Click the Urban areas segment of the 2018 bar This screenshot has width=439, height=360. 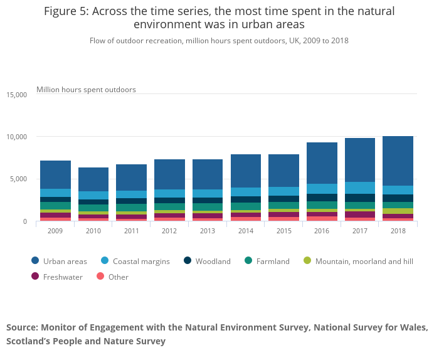click(398, 161)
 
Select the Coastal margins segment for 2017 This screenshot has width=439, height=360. click(360, 188)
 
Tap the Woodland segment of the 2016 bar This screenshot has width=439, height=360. click(322, 198)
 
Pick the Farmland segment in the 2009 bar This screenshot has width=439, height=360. click(55, 206)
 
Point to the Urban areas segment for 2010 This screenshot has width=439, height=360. click(93, 179)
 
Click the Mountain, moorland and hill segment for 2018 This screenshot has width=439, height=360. click(398, 211)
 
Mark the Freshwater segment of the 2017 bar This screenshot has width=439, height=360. click(360, 214)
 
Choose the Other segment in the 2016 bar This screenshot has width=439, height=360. click(322, 219)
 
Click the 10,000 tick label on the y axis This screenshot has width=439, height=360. click(17, 137)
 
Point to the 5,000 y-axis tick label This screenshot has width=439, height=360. click(18, 179)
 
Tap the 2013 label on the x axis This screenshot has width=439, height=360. click(208, 231)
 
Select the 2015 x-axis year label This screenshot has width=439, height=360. click(284, 231)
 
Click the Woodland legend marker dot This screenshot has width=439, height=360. click(188, 261)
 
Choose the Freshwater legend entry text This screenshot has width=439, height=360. click(63, 277)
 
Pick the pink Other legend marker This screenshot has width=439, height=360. click(100, 277)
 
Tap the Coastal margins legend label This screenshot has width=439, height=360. click(141, 262)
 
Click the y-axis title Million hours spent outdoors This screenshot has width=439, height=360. click(87, 90)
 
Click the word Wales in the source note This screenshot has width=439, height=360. click(414, 327)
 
